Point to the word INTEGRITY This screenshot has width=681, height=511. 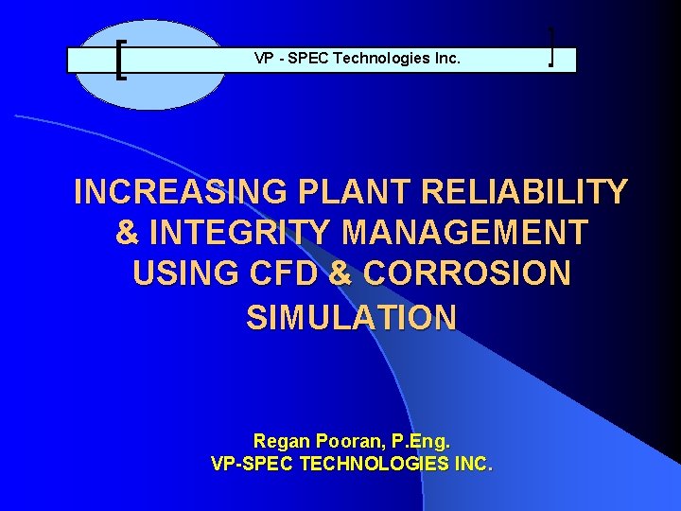click(x=236, y=233)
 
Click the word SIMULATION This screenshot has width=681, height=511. click(x=351, y=317)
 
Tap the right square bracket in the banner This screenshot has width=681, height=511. click(x=550, y=48)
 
